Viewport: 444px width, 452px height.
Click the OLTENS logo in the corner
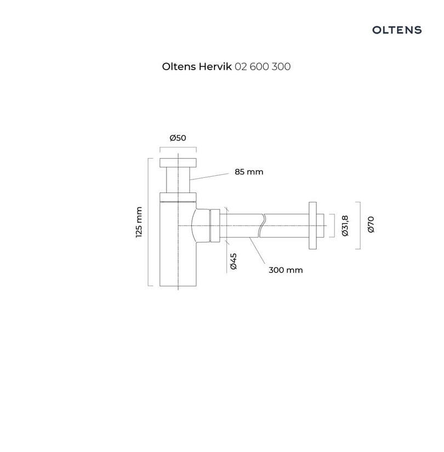tap(397, 30)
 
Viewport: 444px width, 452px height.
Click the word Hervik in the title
tap(215, 66)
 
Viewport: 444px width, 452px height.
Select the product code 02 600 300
tap(263, 66)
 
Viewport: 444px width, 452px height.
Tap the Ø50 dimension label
tap(178, 138)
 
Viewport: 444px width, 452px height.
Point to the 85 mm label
tap(249, 172)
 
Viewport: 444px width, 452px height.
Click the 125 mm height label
tap(139, 222)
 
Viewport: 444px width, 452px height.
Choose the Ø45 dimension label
tap(234, 261)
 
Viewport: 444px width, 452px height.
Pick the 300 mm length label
tap(286, 270)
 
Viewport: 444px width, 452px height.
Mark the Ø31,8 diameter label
tap(345, 225)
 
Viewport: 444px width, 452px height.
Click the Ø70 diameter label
tap(371, 224)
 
